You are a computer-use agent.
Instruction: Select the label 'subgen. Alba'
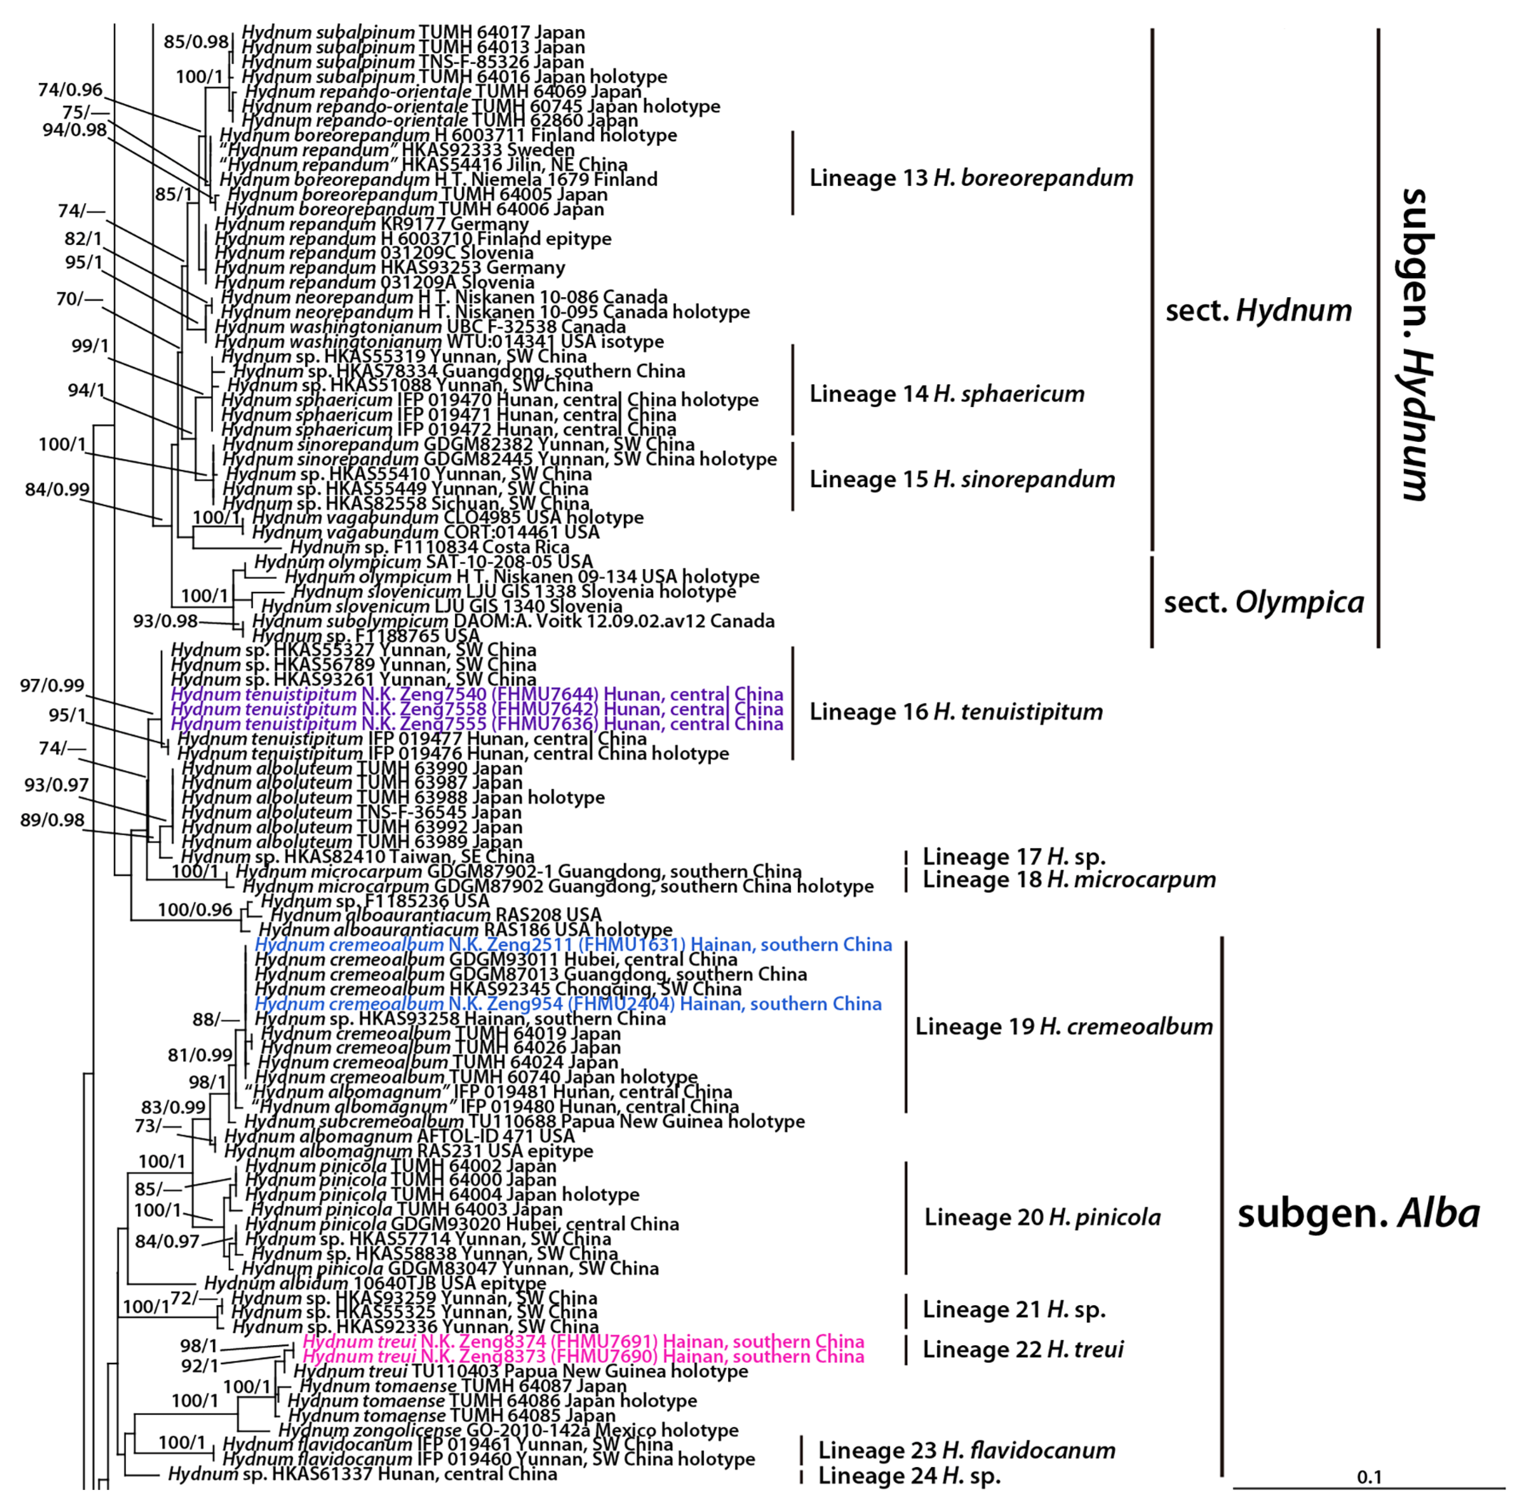click(x=1358, y=1214)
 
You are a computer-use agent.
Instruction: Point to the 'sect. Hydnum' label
click(x=1258, y=311)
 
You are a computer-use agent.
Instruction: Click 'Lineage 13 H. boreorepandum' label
click(x=970, y=178)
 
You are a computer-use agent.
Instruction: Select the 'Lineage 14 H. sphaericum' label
click(x=946, y=394)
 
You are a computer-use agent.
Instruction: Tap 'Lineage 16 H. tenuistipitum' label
click(x=956, y=712)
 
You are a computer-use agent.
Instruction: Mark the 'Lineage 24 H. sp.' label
click(x=909, y=1475)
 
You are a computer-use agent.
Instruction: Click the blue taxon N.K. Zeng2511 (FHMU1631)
click(x=573, y=945)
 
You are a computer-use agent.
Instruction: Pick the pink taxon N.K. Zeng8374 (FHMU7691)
click(x=583, y=1342)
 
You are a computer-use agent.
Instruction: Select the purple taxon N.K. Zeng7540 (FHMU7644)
click(x=477, y=694)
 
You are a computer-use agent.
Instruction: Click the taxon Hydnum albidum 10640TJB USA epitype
click(x=375, y=1283)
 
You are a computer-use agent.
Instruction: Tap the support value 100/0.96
click(x=194, y=910)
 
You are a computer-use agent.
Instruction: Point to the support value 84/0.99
click(x=57, y=489)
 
